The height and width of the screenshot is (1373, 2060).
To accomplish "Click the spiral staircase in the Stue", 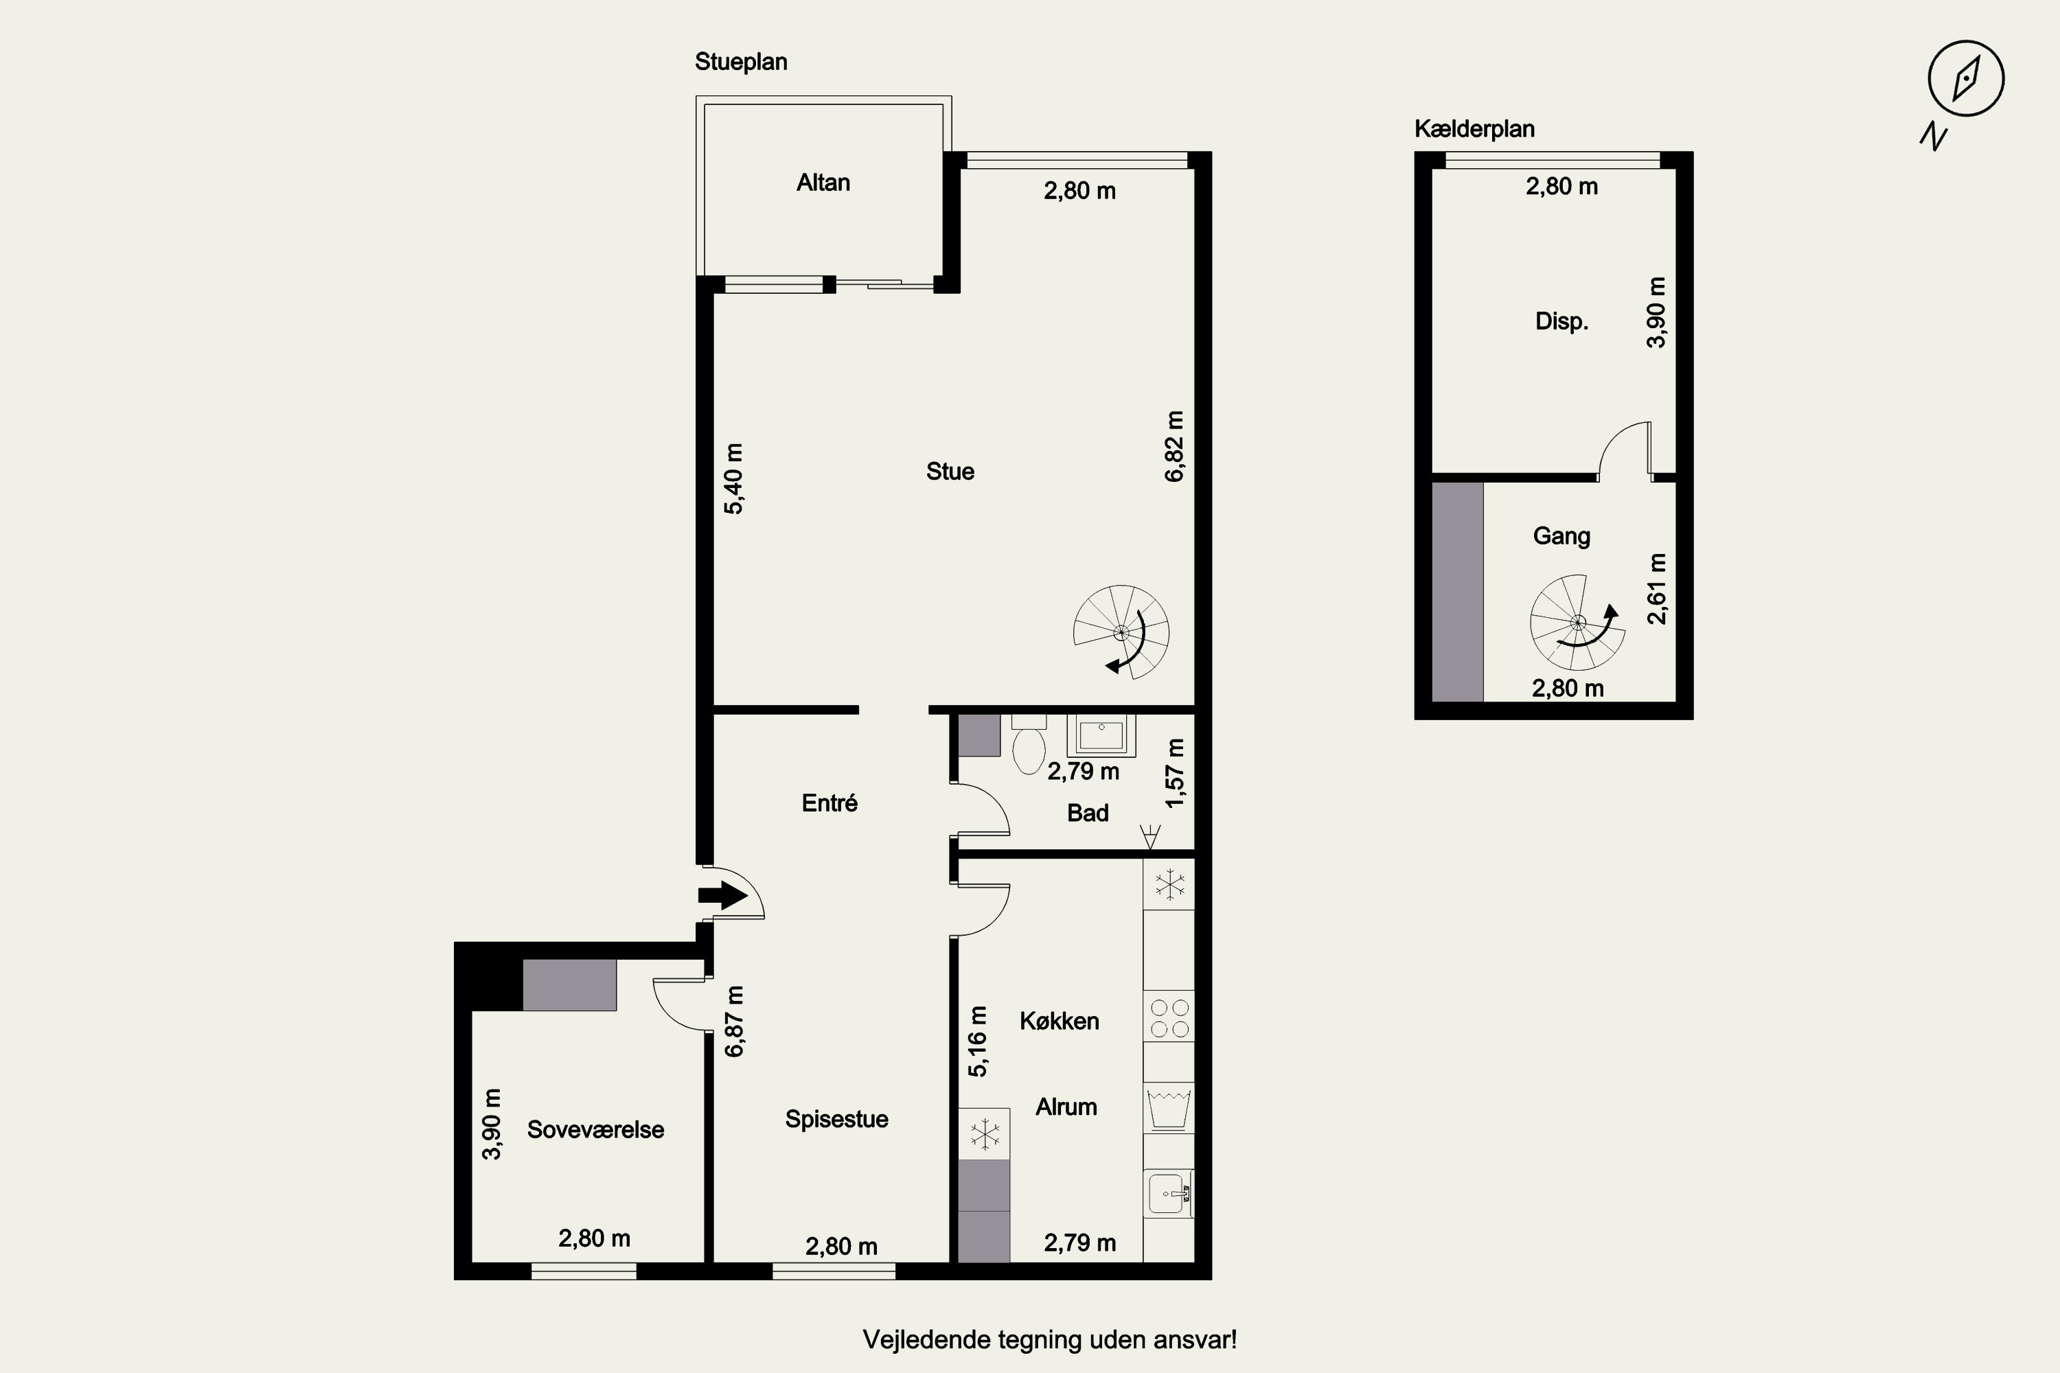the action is [1121, 632].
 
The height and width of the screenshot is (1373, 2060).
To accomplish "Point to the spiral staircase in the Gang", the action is [1577, 623].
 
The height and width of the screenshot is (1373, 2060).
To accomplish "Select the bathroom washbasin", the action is [1101, 735].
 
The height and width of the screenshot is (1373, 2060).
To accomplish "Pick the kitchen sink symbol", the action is [1169, 1194].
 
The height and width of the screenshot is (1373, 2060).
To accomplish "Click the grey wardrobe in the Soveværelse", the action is [569, 985].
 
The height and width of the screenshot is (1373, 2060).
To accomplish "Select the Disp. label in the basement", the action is [1561, 321].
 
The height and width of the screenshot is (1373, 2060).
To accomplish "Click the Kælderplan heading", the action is [1474, 129].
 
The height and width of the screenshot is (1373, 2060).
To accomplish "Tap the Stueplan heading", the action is [741, 62].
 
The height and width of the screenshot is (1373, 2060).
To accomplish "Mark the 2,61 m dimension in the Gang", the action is [1656, 588].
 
